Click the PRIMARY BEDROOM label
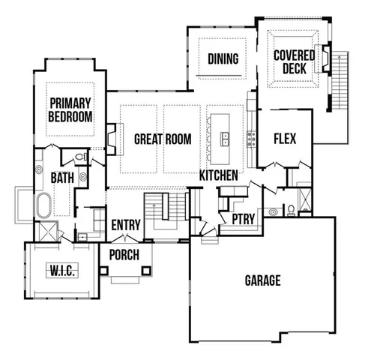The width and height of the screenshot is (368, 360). [70, 109]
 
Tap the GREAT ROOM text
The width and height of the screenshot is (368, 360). [163, 139]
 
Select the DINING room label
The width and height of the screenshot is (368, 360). [223, 59]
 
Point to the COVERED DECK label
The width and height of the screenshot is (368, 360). [293, 62]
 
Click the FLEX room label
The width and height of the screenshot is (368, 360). [285, 139]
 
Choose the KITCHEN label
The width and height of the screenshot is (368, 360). [219, 175]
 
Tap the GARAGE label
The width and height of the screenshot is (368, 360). [262, 281]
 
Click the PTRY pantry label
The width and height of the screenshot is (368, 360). [243, 219]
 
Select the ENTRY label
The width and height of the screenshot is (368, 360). [126, 225]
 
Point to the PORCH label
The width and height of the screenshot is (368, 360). [124, 255]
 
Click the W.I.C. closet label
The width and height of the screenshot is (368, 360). [61, 269]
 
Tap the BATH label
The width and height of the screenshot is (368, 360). [61, 178]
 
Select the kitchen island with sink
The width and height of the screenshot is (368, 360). [223, 138]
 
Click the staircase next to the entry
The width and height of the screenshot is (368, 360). [165, 214]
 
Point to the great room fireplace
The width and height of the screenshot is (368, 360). [111, 139]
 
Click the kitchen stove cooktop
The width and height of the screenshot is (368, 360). [252, 138]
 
